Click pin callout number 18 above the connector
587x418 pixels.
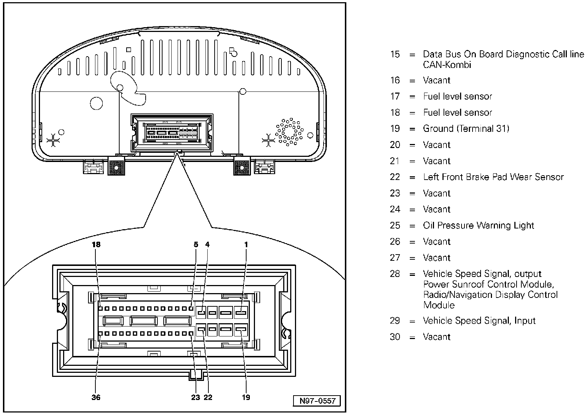[x=96, y=245]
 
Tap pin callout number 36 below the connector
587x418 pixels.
[x=96, y=397]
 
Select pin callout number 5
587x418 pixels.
[x=196, y=245]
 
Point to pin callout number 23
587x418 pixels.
[x=196, y=397]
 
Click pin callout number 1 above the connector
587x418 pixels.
[x=246, y=245]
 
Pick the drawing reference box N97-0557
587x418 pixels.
[x=317, y=401]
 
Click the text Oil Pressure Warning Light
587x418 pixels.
[x=478, y=226]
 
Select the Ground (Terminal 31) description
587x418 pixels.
[x=466, y=129]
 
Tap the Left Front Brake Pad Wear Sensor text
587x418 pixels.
[x=493, y=177]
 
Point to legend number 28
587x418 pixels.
[x=395, y=274]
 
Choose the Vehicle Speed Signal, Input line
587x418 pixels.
[x=479, y=321]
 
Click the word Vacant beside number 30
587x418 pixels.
[x=437, y=337]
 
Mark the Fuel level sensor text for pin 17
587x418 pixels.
[x=457, y=97]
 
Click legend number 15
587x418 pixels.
[x=395, y=54]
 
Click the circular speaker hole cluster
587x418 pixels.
[x=289, y=131]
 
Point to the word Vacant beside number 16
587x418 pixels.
[x=437, y=80]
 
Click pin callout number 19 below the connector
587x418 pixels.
[x=246, y=397]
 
